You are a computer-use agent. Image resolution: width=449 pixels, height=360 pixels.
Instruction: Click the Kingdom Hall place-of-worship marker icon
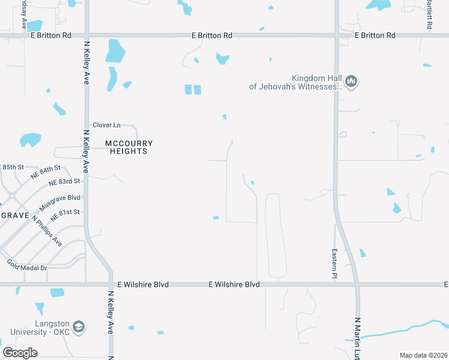352,82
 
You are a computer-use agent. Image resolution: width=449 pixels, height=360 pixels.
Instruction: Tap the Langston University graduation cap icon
78,328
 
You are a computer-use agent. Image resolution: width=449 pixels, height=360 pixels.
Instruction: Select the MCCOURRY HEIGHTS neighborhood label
129,148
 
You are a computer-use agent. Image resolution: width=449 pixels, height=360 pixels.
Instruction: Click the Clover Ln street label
106,125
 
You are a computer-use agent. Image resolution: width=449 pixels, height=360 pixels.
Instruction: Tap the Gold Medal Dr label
27,264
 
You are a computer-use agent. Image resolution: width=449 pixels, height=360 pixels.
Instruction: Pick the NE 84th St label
46,172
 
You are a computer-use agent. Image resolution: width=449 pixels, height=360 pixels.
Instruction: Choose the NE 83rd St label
64,182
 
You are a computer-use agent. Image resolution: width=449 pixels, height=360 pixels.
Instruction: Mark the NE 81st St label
65,213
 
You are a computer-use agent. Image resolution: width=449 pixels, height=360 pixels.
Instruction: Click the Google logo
20,352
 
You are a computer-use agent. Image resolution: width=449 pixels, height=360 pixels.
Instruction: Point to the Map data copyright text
423,355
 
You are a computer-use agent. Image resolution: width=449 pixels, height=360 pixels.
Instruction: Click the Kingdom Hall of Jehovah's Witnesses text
296,82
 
